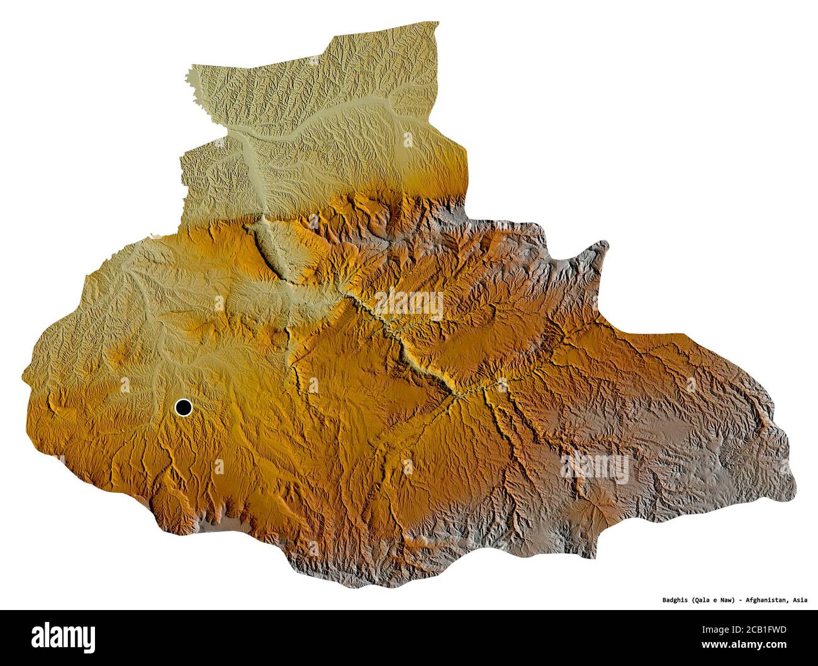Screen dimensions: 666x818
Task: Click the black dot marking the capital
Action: coord(183,408)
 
